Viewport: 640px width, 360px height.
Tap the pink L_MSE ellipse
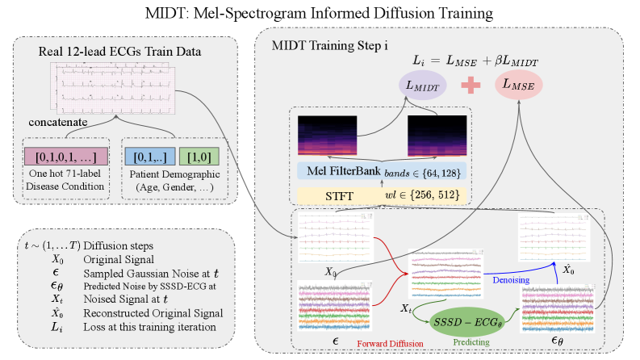(519, 84)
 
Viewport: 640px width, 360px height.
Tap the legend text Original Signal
(121, 260)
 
